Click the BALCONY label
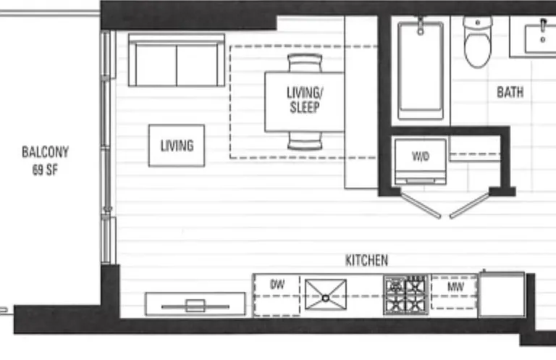[x=45, y=152]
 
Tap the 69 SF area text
[x=45, y=170]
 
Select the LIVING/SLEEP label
[x=305, y=100]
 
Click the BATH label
[x=510, y=92]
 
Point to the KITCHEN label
[x=366, y=260]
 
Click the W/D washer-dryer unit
[x=420, y=162]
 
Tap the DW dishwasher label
[x=277, y=284]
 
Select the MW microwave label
[x=455, y=286]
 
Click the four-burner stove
[x=405, y=295]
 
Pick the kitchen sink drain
[x=326, y=298]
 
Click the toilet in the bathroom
[x=478, y=41]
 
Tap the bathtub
[x=421, y=70]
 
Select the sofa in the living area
[x=177, y=60]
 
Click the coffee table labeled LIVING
[x=177, y=146]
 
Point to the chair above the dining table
[x=305, y=63]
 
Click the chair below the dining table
[x=305, y=141]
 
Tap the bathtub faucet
[x=421, y=26]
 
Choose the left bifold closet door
[x=421, y=205]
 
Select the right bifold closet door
[x=470, y=206]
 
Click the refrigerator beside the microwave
[x=502, y=294]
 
